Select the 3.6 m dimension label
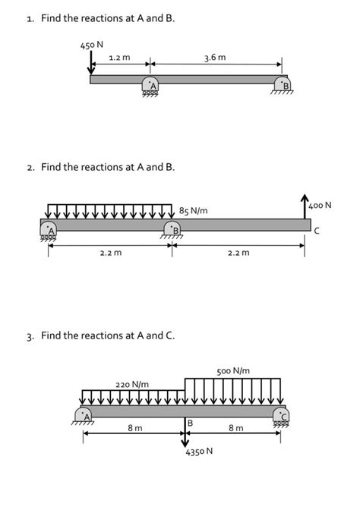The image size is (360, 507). point(216,57)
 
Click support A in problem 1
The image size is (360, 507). point(150,87)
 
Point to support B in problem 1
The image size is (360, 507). point(284,87)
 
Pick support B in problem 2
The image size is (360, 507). point(172,228)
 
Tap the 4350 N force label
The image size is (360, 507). point(198,451)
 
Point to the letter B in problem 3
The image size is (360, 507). point(191,423)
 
